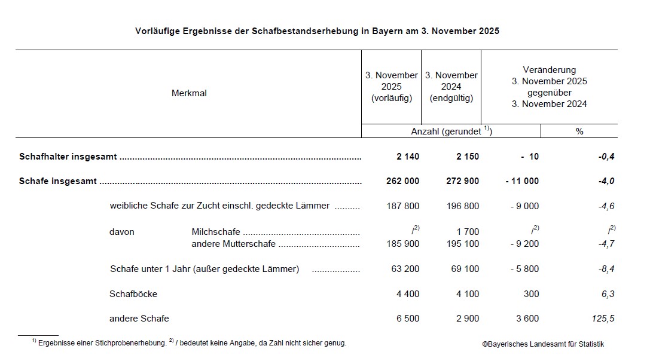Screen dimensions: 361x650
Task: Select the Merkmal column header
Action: [189, 93]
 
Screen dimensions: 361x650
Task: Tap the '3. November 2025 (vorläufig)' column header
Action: [392, 87]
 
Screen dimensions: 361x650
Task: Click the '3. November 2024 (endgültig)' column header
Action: [451, 87]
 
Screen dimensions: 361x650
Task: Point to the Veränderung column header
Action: [549, 87]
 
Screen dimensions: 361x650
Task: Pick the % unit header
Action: [579, 131]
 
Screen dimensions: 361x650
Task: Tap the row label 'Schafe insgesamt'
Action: [57, 181]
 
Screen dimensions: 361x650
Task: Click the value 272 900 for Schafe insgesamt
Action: [463, 181]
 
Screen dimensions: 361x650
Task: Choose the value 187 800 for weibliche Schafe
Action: [405, 206]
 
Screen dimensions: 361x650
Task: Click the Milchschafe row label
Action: [216, 232]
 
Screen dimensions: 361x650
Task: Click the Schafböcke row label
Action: [133, 294]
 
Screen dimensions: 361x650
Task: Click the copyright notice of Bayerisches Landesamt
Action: [543, 344]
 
